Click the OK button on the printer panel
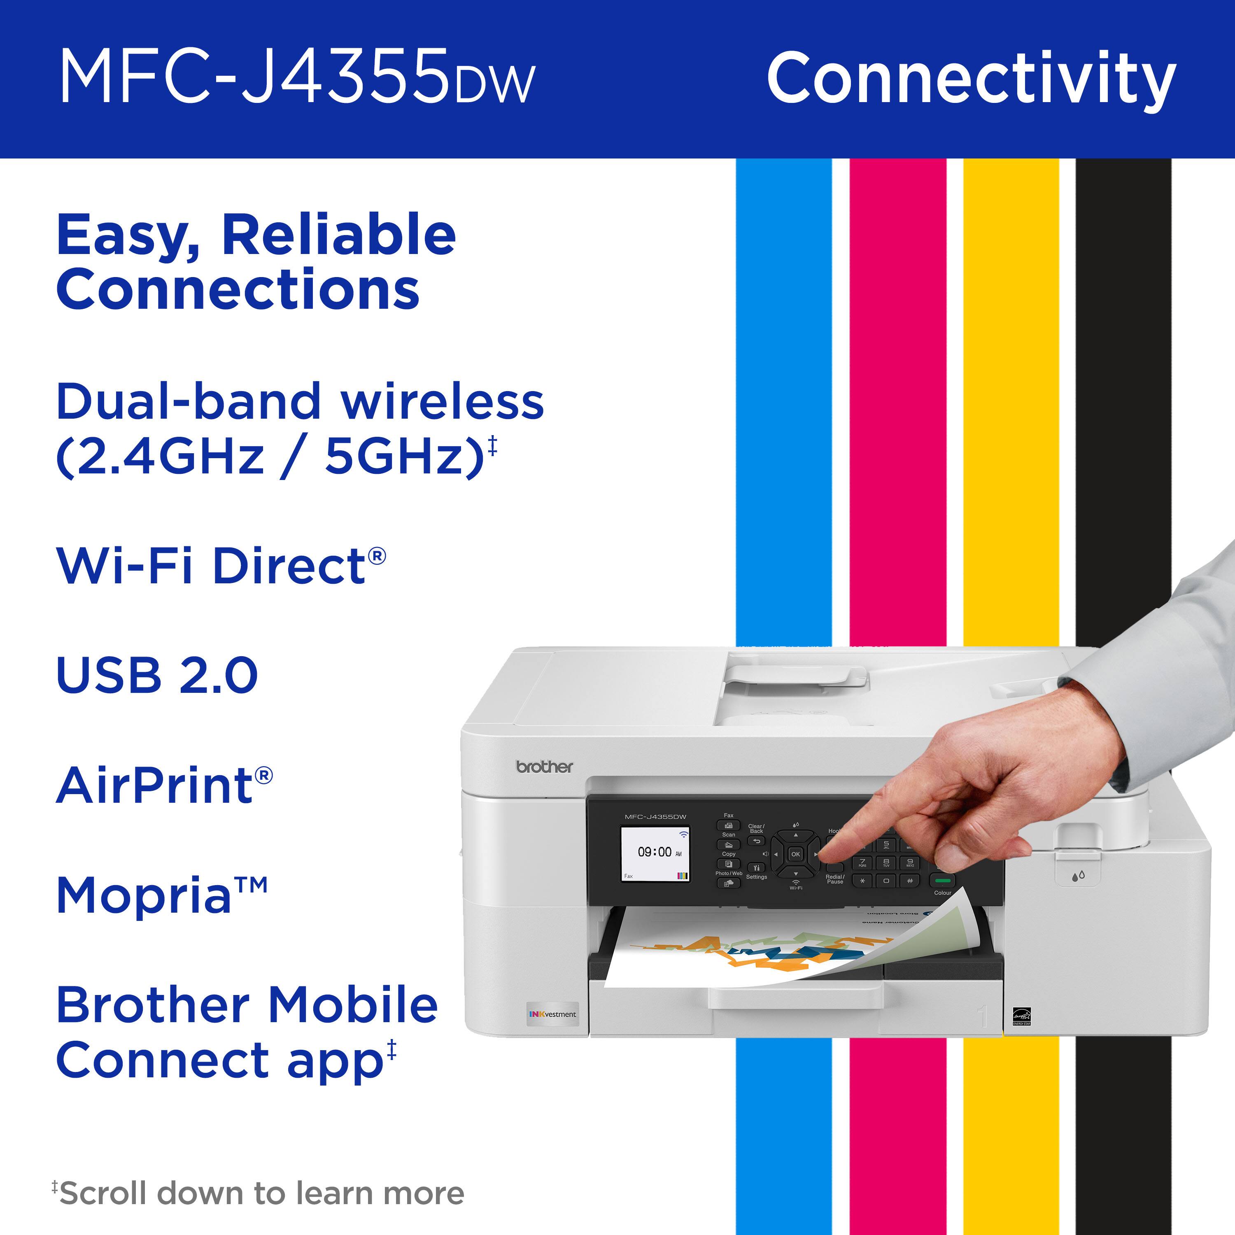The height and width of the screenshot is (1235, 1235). point(795,854)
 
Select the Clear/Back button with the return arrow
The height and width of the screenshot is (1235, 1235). point(756,841)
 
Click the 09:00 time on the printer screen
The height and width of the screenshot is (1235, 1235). point(655,852)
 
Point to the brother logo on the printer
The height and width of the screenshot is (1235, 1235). point(545,767)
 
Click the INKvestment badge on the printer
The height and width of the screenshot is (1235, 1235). point(553,1014)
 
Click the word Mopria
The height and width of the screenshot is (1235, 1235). point(144,895)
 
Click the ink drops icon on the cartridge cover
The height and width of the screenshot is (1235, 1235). point(1079,876)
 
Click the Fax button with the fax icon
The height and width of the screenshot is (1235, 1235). point(728,825)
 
